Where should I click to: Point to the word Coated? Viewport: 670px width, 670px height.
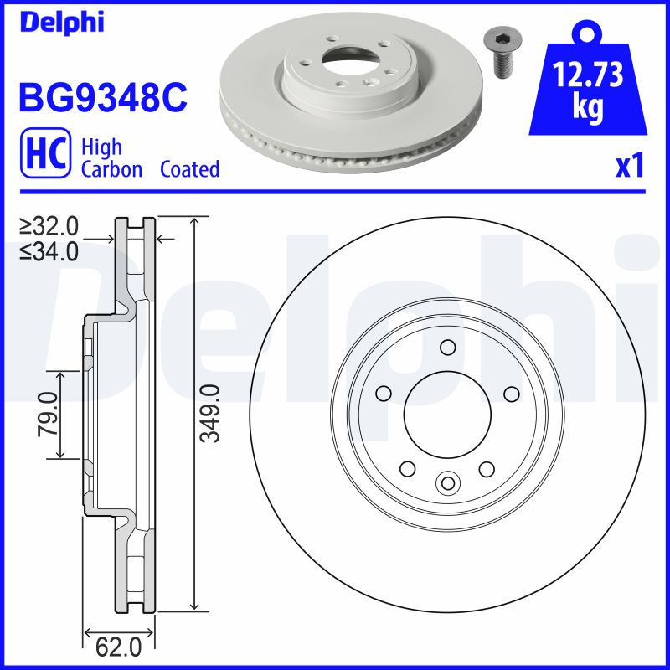(189, 169)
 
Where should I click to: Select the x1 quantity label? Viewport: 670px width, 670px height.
(629, 167)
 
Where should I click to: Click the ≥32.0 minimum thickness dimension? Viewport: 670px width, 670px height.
(49, 226)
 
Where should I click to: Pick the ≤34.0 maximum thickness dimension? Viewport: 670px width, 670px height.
(49, 250)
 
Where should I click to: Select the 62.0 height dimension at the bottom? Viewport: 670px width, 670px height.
(119, 647)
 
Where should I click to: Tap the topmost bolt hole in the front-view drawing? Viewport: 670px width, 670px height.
(447, 348)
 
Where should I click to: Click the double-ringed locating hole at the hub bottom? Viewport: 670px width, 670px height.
(448, 482)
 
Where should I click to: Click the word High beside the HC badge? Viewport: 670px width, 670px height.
(101, 147)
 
